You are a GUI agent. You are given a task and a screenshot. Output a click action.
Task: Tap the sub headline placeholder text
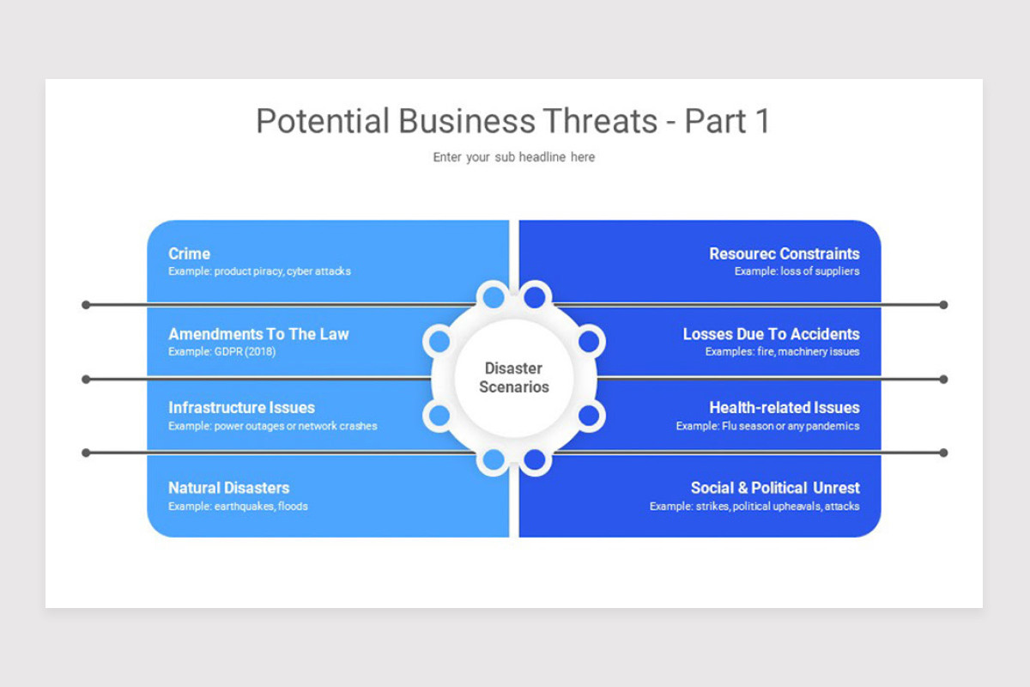click(x=513, y=157)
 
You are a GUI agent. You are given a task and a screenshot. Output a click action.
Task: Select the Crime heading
click(x=189, y=253)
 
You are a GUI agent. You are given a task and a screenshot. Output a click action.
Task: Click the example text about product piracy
click(x=259, y=271)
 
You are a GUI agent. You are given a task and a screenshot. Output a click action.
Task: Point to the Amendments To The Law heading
click(x=258, y=334)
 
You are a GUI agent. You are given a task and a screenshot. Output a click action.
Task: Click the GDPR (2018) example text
click(x=222, y=351)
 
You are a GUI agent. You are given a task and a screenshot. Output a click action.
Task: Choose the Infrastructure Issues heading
click(x=241, y=408)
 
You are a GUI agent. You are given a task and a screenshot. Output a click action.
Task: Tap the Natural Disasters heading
click(x=228, y=488)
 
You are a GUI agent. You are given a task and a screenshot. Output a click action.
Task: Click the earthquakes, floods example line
click(x=238, y=506)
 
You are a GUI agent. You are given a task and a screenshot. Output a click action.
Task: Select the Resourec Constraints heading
click(x=784, y=253)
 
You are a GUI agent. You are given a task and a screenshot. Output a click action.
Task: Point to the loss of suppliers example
click(x=797, y=271)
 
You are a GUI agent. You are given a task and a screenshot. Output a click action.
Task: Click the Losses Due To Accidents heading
click(x=771, y=334)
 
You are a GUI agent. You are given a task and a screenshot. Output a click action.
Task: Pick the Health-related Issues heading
click(x=784, y=408)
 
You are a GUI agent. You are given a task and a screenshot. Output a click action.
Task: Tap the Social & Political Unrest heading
click(x=775, y=488)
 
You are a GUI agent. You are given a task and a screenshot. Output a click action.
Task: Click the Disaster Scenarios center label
click(x=513, y=378)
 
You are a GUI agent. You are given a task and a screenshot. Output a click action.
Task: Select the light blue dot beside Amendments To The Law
click(x=439, y=341)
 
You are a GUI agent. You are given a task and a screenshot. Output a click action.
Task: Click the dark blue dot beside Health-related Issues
click(x=589, y=416)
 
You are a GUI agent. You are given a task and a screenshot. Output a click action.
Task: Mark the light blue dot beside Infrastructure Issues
click(x=439, y=416)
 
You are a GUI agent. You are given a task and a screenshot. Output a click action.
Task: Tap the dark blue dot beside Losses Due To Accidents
click(x=589, y=341)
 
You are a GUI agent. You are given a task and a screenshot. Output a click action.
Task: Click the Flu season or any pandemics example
click(x=767, y=426)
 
